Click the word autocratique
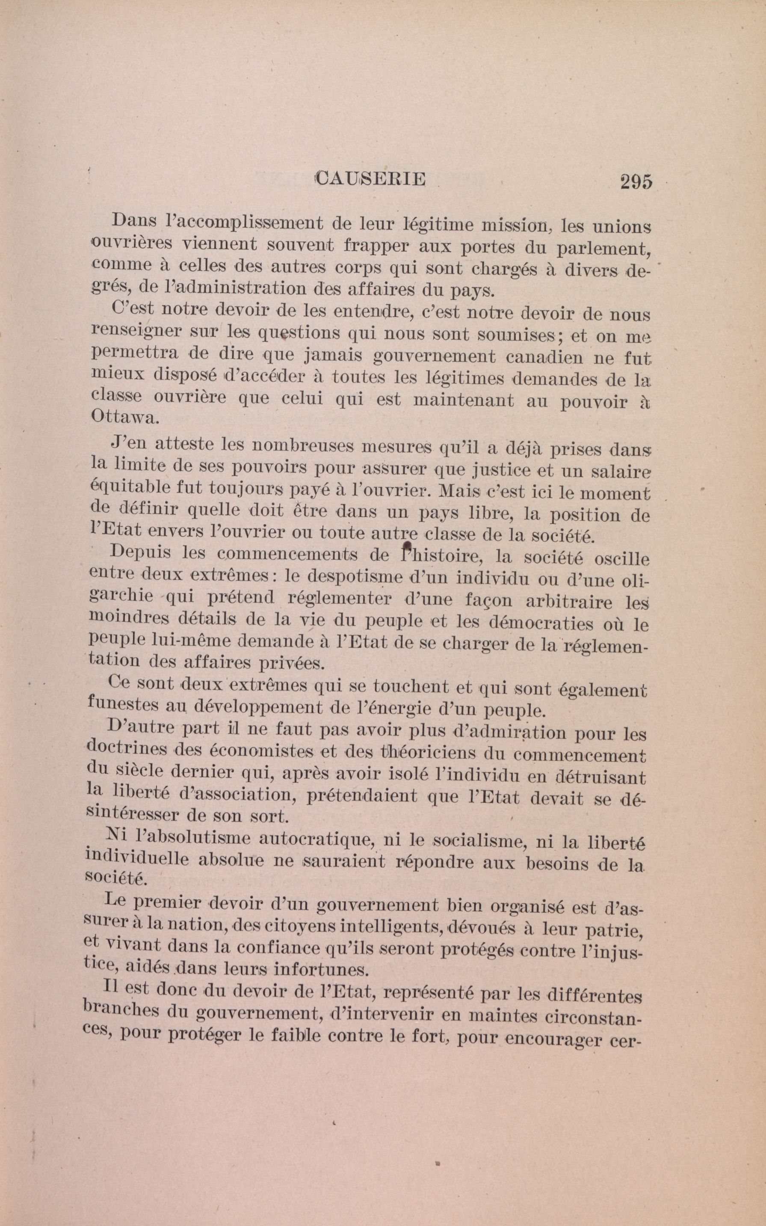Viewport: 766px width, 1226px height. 317,839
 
